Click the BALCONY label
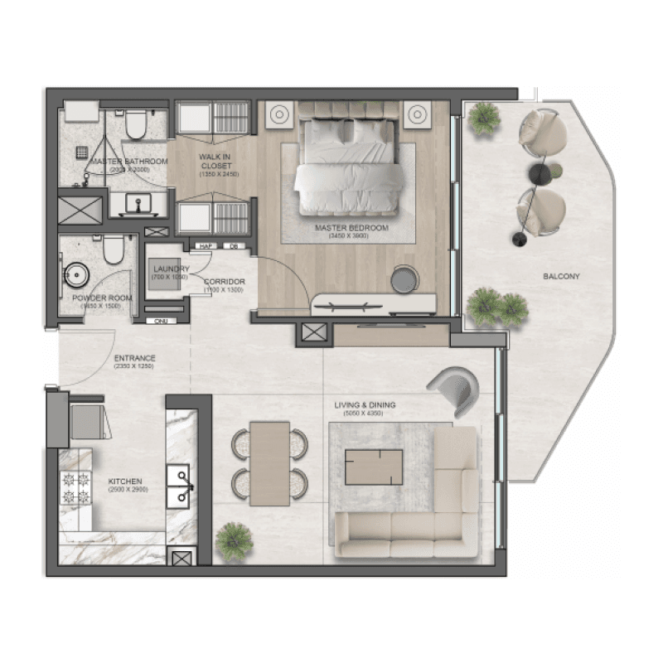561,276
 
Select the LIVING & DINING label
365,405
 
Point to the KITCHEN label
124,481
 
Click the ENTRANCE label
134,359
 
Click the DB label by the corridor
234,245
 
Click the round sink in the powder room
77,273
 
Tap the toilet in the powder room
114,248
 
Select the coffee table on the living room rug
374,467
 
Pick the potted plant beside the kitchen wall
233,540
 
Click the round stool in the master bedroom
404,278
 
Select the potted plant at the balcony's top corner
483,118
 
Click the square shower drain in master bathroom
81,152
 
